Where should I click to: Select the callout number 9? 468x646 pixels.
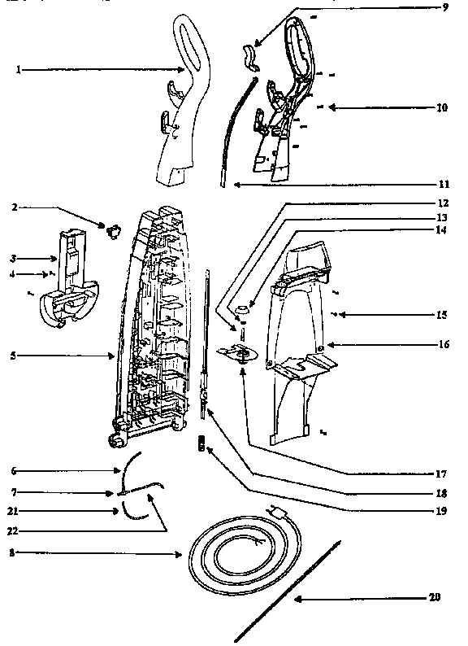click(444, 7)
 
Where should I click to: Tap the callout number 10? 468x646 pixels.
click(441, 107)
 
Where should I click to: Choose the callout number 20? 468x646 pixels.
click(435, 598)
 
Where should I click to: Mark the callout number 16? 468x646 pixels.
click(443, 344)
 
